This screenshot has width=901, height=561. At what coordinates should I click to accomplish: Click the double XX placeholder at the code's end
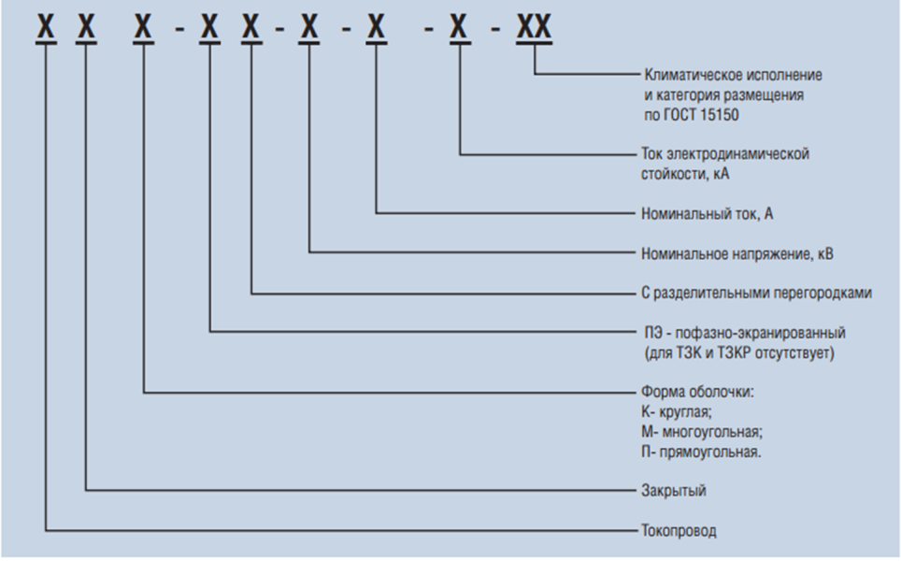point(535,28)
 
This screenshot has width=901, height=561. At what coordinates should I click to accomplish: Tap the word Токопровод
point(679,531)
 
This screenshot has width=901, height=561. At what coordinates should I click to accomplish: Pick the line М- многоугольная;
point(704,432)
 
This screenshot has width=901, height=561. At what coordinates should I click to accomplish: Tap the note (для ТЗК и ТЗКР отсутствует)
point(738,352)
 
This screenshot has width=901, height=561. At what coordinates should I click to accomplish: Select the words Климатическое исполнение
point(734,74)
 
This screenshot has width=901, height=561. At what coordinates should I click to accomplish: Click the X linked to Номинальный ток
point(376,28)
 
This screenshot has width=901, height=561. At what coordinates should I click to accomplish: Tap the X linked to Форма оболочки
point(143,28)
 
